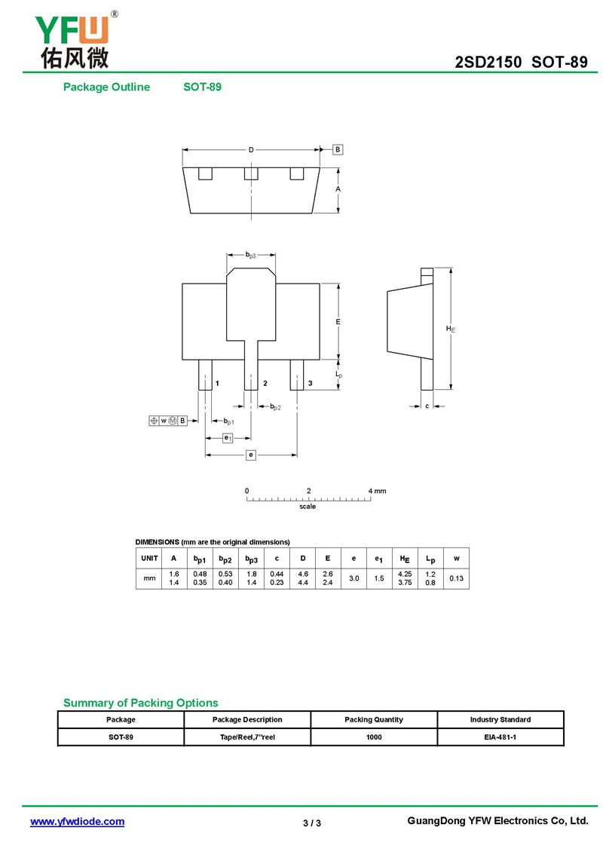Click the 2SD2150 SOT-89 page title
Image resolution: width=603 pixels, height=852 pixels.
(521, 63)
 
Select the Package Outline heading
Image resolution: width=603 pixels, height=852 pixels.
(106, 87)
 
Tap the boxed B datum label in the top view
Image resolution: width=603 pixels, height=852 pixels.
(338, 149)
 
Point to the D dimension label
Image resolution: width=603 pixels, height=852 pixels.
(251, 149)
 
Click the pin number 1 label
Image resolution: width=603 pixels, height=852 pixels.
(217, 384)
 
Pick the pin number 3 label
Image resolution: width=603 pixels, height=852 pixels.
(311, 384)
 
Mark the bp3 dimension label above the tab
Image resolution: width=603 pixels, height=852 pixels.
(251, 256)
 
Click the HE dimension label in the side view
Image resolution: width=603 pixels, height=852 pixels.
(450, 329)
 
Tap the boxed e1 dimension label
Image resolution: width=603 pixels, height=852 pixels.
(228, 437)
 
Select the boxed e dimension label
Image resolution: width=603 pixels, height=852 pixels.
(251, 455)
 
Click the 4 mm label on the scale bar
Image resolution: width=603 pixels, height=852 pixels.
(377, 491)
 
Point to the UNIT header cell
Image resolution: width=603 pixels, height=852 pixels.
(149, 559)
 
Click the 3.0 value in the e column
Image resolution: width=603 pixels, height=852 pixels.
(353, 578)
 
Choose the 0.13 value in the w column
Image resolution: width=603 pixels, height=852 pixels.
(456, 578)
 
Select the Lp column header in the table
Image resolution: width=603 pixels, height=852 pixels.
(430, 559)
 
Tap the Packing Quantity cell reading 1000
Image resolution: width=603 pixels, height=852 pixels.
(374, 737)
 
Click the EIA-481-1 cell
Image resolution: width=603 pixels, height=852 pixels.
(500, 737)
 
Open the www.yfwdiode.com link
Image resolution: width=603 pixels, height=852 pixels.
(77, 822)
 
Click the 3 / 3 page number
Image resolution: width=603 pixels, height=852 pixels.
(312, 823)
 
